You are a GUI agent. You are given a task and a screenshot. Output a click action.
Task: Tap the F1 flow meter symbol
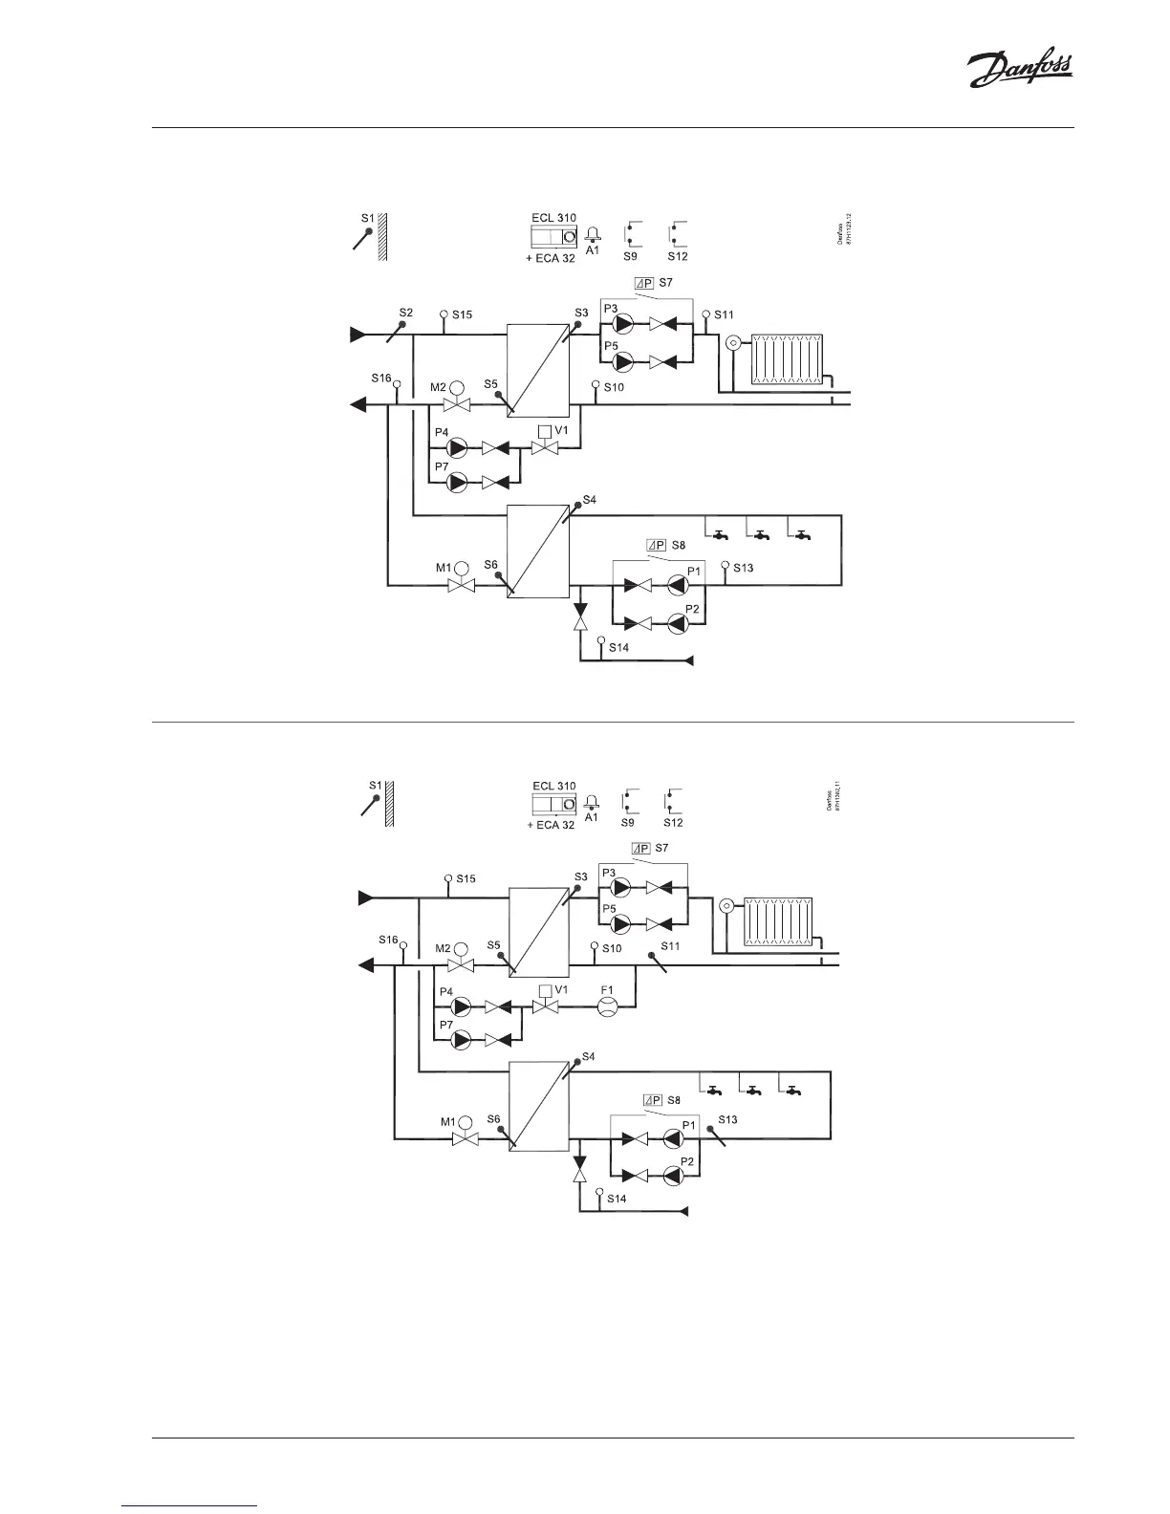pos(608,1006)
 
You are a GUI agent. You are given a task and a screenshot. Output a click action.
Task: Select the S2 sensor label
pos(405,313)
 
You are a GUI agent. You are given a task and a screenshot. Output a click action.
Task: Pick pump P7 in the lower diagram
pos(462,1039)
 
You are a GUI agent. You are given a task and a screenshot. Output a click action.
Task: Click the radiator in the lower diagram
pos(779,921)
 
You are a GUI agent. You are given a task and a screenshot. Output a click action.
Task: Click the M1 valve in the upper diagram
pos(463,582)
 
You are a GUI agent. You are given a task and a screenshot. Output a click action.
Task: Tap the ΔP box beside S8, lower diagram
pos(654,1100)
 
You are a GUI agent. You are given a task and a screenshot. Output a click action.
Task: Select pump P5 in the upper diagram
pos(623,361)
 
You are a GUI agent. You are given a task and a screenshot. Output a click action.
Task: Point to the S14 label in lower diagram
pos(617,1199)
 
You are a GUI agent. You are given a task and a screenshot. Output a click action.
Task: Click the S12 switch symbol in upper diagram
pos(678,233)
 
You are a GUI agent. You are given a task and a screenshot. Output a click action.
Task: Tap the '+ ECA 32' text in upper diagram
pos(551,259)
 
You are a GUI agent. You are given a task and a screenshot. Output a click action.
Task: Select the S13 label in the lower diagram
pos(728,1118)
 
